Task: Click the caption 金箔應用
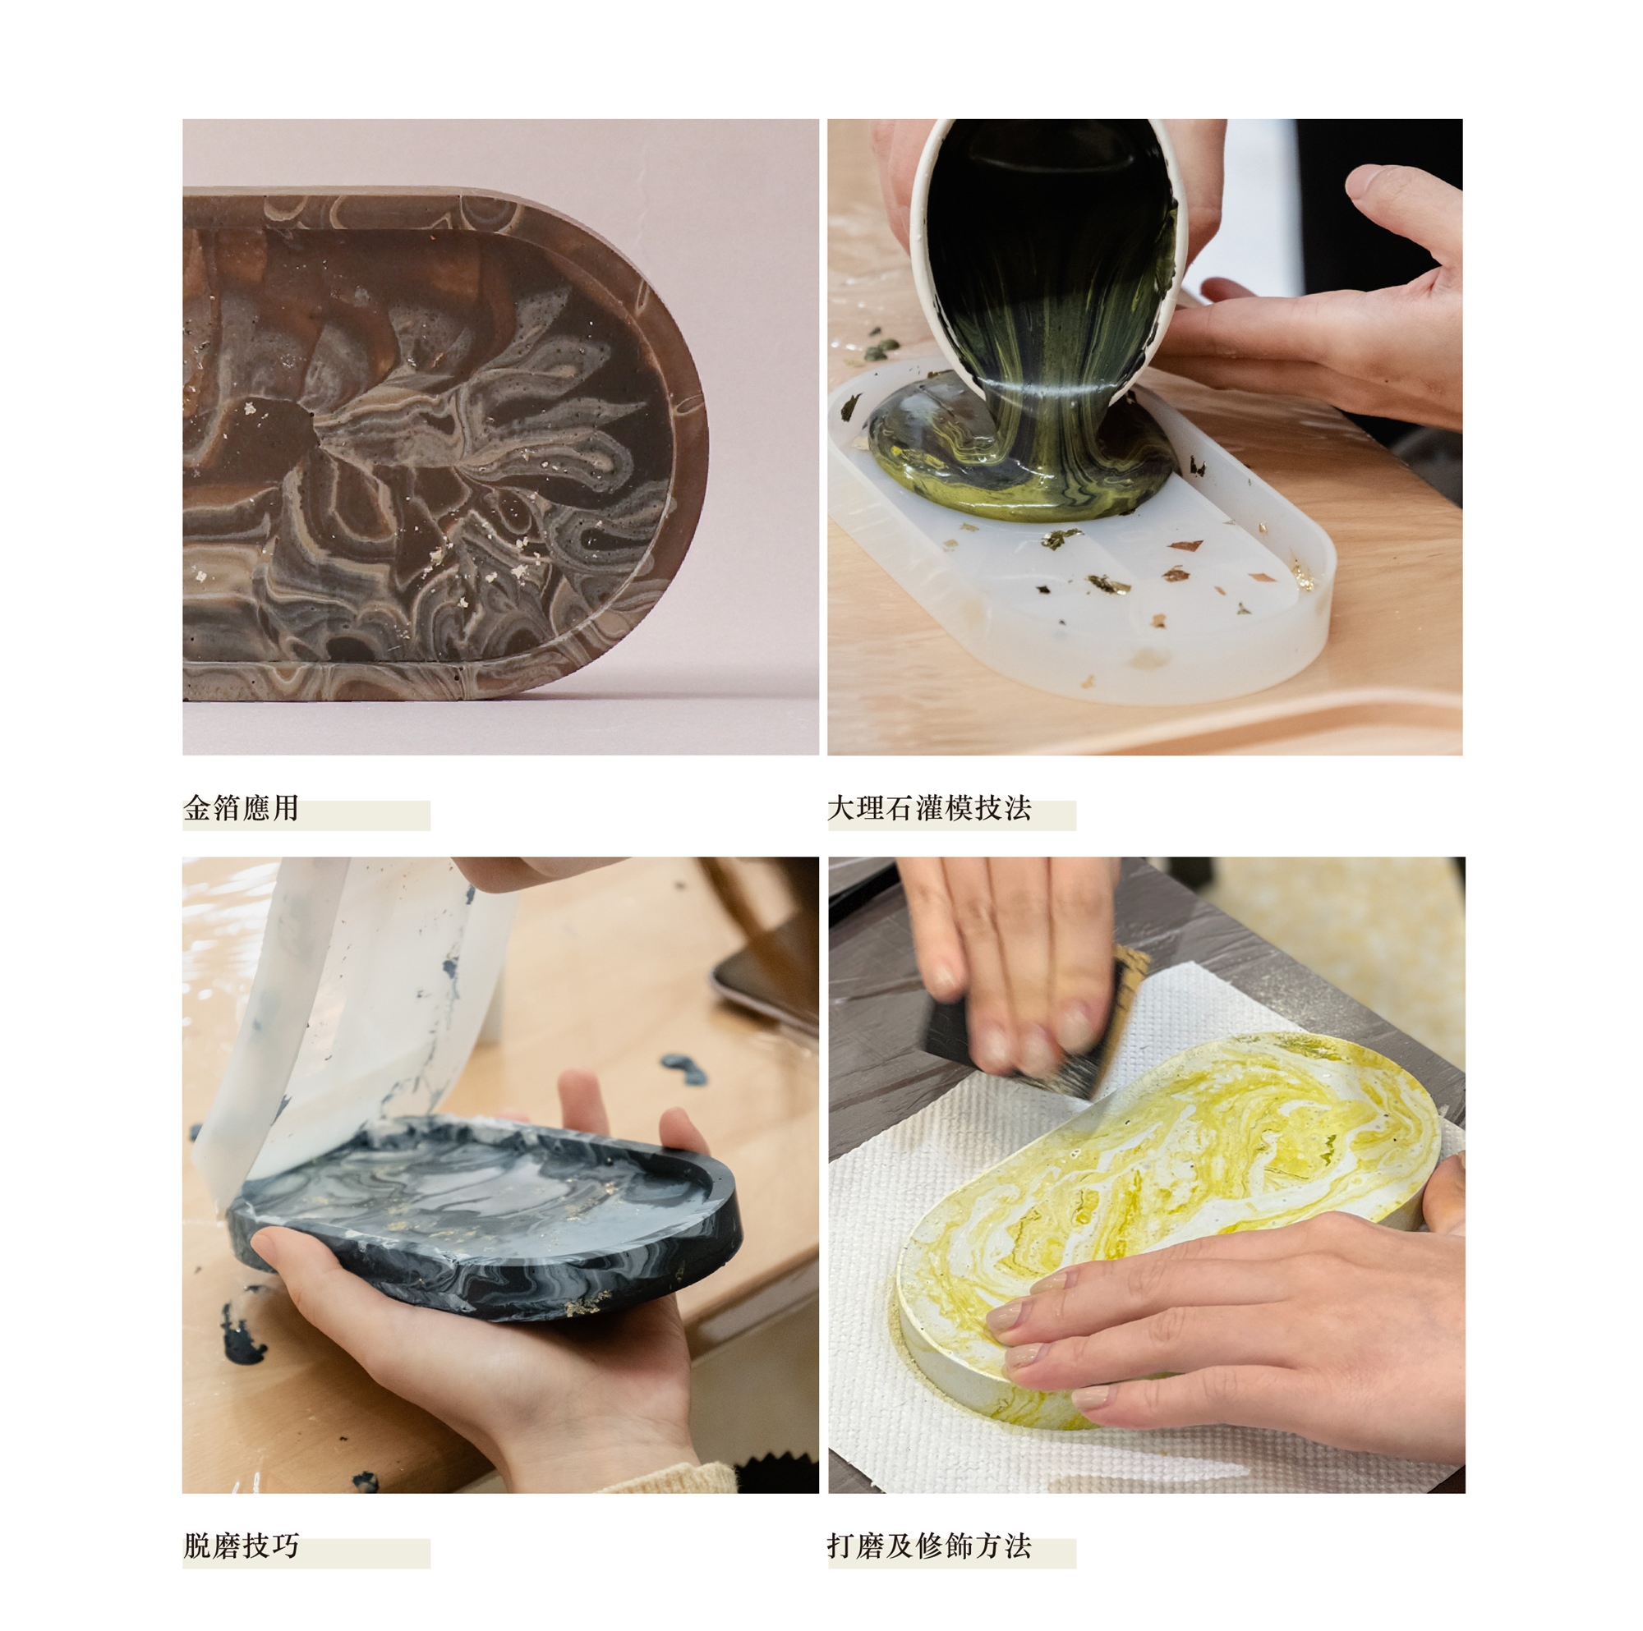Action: (x=241, y=808)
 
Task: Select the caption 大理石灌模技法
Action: (x=928, y=808)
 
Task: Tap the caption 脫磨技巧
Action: (x=241, y=1545)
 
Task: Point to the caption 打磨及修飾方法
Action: (x=928, y=1545)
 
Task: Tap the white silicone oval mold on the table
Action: (x=1080, y=544)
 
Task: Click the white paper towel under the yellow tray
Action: (x=1106, y=1233)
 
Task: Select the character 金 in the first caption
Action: (x=198, y=808)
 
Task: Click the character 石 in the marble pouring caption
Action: (x=900, y=808)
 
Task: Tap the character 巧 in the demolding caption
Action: (x=284, y=1545)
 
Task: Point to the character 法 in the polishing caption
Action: (x=1017, y=1545)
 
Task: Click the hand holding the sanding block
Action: (x=1012, y=944)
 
